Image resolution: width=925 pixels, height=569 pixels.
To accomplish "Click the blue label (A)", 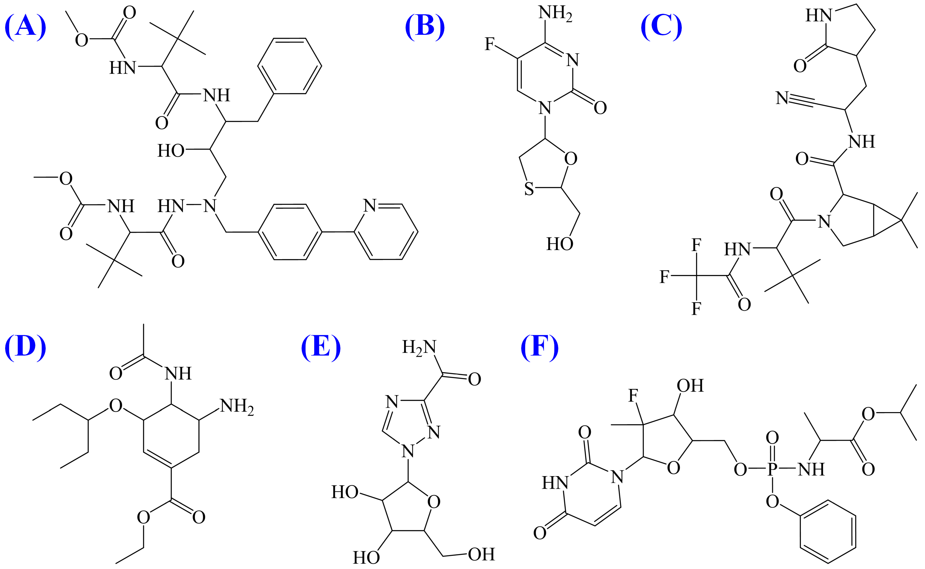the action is coord(25,27).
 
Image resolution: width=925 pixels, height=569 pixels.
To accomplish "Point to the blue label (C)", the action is coord(661,27).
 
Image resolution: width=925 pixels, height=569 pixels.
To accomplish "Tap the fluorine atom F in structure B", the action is coord(489,44).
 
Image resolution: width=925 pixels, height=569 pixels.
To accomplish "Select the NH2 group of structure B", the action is coord(555,13).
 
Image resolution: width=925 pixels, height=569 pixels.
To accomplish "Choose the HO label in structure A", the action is coord(171,151).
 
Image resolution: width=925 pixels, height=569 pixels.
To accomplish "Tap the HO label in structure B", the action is coord(560,244).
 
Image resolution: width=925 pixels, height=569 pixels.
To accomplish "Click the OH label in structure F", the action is coord(690,386).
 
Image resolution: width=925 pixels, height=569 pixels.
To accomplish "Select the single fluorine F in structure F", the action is coord(633,396).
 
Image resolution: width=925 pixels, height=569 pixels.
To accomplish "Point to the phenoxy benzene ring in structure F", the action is coord(828,531).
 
